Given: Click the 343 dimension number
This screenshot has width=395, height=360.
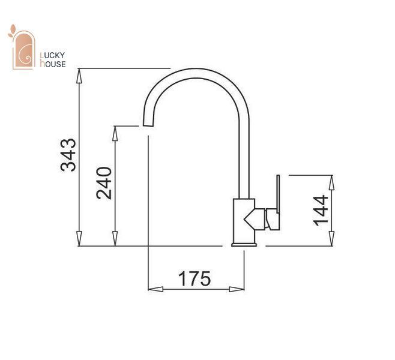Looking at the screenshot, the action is (68, 155).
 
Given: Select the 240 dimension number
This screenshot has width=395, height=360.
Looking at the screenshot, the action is (104, 183).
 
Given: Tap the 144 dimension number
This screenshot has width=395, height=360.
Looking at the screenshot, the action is (321, 211).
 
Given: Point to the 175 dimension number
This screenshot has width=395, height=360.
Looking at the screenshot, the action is (194, 278).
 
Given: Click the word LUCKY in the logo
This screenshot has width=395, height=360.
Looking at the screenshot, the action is (53, 55).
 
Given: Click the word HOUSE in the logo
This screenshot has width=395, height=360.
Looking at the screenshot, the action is (53, 64).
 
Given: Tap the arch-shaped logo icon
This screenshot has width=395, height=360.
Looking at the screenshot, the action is (23, 50).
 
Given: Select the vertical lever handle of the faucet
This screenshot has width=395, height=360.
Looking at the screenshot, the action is (278, 194).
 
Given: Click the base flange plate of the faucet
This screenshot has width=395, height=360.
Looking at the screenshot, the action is (244, 244).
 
